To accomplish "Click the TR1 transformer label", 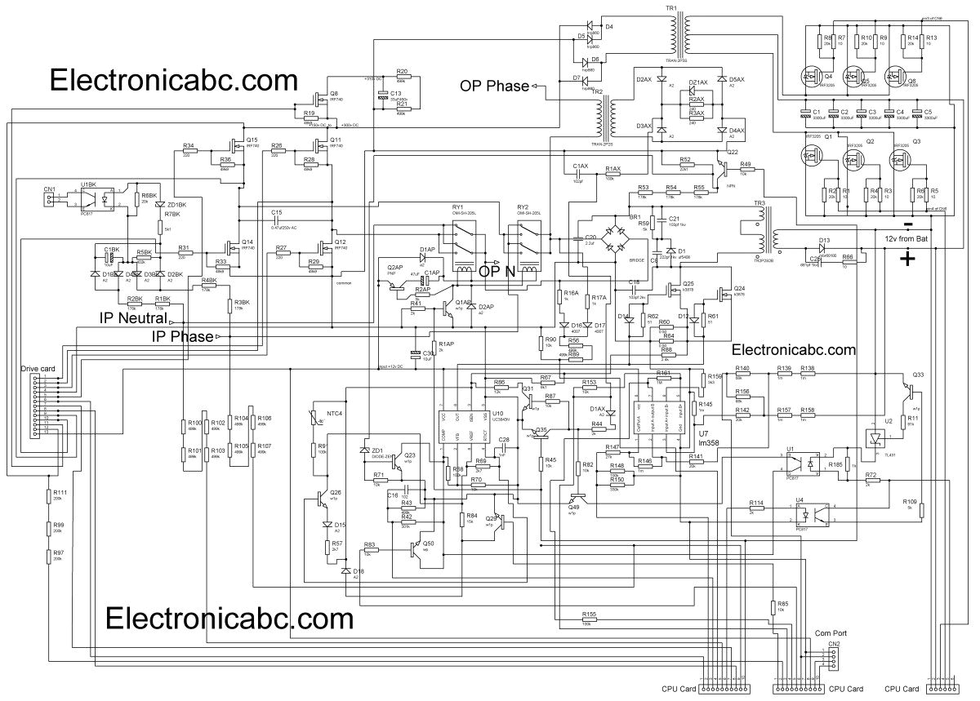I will (671, 7).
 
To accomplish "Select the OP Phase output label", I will (494, 86).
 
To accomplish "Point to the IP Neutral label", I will (133, 317).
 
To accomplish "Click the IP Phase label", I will (182, 336).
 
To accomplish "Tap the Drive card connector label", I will (38, 370).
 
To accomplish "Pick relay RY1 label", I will (457, 207).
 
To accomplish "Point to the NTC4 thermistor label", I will (335, 414).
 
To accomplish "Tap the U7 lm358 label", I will (708, 439).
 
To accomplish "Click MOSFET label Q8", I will (334, 93).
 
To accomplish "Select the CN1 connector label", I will (50, 189).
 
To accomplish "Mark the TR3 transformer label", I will (759, 202).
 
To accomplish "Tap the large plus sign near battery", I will (906, 260).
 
